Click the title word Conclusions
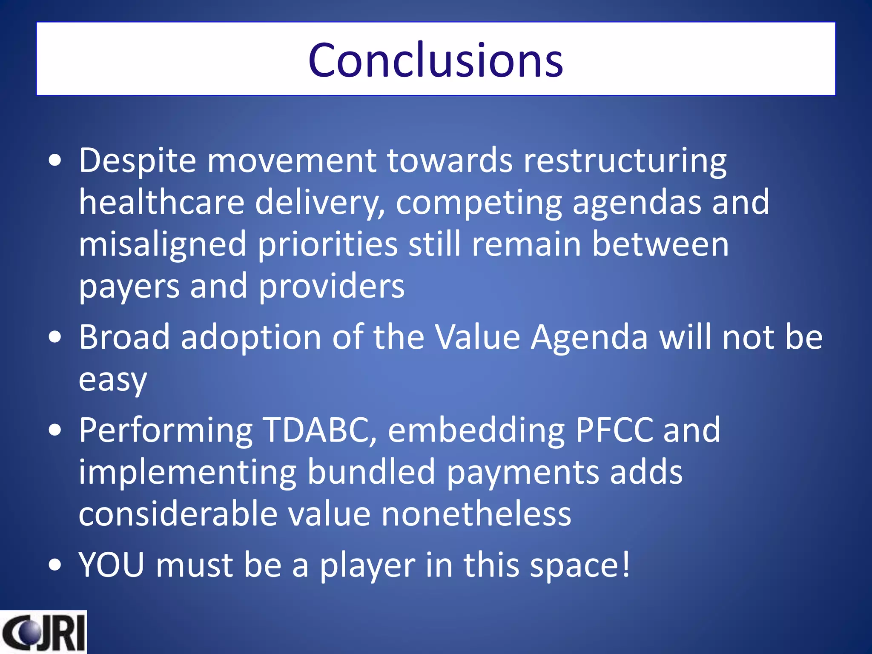coord(436,60)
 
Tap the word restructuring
coord(625,161)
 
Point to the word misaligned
coord(162,245)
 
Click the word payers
coord(129,287)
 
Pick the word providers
coord(331,286)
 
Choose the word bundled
coord(371,472)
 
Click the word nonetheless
coord(476,514)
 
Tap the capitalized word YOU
coord(112,565)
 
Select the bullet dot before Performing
coord(55,430)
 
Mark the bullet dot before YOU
coord(55,565)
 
